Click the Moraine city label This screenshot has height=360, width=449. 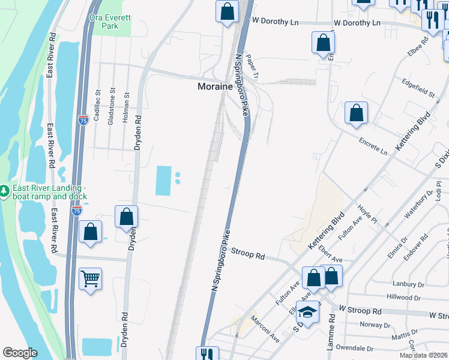(x=215, y=86)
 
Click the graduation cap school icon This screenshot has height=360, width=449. (x=307, y=313)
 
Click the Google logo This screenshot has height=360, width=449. (x=20, y=353)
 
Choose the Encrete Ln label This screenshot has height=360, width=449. (x=373, y=148)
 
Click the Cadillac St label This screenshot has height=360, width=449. (x=97, y=102)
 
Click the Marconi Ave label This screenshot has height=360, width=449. (x=265, y=329)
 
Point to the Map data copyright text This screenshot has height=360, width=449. (x=423, y=355)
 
